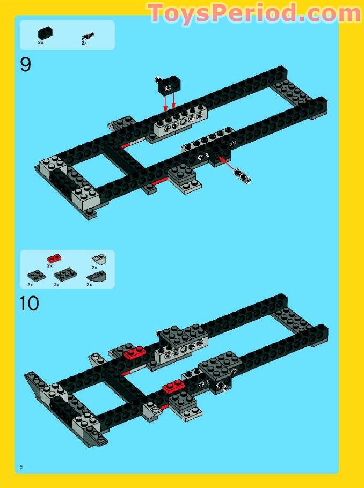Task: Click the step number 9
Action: (26, 65)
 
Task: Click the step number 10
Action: (30, 304)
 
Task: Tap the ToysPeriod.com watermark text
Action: (254, 13)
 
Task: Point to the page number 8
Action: (21, 467)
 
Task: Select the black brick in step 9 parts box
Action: (45, 32)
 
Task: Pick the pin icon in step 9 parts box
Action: (86, 36)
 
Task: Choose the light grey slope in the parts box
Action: (98, 258)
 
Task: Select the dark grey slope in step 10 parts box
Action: (97, 277)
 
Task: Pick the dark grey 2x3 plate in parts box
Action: (65, 275)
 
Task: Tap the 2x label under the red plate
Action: (49, 265)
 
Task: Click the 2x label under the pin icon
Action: (84, 43)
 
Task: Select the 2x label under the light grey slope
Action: (94, 267)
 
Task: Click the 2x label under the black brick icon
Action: (41, 42)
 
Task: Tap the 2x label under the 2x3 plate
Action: (57, 285)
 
